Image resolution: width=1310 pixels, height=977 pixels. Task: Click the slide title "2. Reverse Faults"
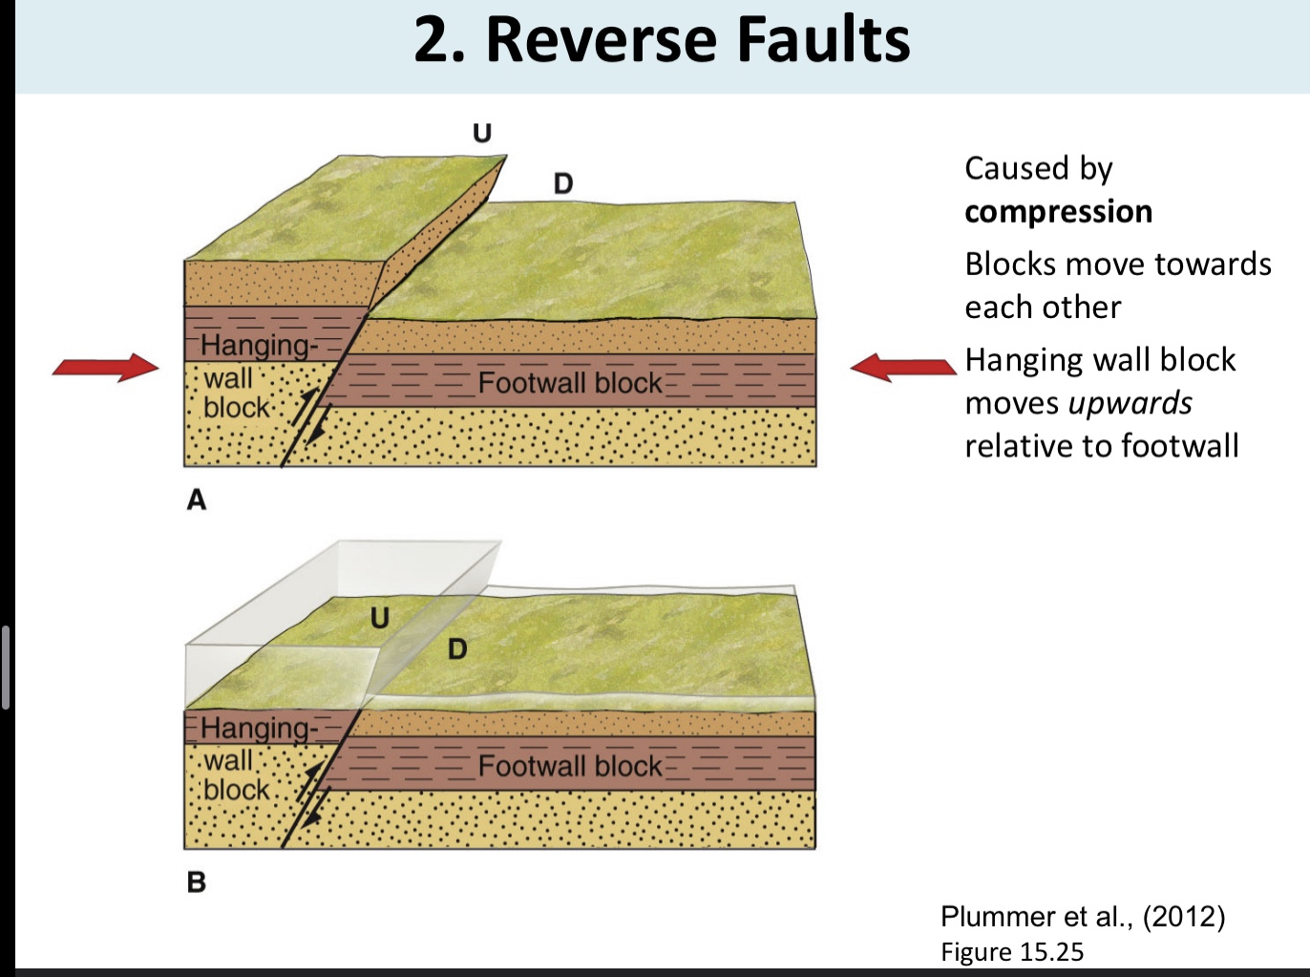pyautogui.click(x=662, y=40)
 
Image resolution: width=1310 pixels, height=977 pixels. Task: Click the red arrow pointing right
pyautogui.click(x=105, y=368)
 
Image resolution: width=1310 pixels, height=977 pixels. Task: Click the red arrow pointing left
pyautogui.click(x=902, y=368)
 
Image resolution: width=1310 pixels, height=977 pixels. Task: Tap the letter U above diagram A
pyautogui.click(x=482, y=133)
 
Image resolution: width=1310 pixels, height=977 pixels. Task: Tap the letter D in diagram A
pyautogui.click(x=563, y=183)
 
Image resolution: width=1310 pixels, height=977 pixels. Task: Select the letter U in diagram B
pyautogui.click(x=380, y=618)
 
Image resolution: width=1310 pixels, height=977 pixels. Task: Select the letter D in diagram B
pyautogui.click(x=458, y=650)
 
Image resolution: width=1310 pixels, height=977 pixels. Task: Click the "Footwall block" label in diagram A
pyautogui.click(x=570, y=383)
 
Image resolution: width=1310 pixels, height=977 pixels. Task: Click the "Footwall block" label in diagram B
pyautogui.click(x=570, y=766)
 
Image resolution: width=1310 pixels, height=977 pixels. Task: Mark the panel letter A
pyautogui.click(x=197, y=499)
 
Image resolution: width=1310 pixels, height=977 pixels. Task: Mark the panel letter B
pyautogui.click(x=197, y=881)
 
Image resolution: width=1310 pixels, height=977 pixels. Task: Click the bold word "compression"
pyautogui.click(x=1058, y=211)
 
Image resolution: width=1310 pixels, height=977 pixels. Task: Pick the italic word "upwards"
pyautogui.click(x=1130, y=403)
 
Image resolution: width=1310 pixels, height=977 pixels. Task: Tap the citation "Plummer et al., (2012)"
pyautogui.click(x=1083, y=917)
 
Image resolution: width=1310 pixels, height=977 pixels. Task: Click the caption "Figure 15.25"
pyautogui.click(x=1012, y=952)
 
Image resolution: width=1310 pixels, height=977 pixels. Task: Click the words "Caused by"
pyautogui.click(x=1039, y=168)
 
